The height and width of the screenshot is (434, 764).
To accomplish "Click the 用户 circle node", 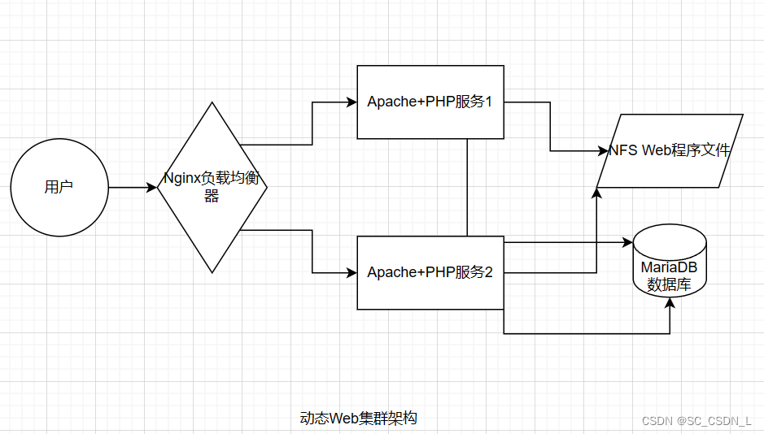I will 59,188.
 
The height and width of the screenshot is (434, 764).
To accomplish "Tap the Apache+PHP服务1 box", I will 430,102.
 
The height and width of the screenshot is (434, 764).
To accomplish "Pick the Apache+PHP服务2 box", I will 430,272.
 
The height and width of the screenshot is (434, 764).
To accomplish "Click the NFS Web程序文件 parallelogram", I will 670,150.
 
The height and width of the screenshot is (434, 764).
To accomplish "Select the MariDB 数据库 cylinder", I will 670,260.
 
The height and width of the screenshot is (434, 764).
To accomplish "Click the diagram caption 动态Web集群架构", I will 359,419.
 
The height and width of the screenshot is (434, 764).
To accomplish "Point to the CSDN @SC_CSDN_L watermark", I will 696,420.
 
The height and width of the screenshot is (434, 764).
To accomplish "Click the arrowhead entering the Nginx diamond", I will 152,188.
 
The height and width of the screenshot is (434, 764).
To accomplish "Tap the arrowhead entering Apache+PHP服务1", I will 351,102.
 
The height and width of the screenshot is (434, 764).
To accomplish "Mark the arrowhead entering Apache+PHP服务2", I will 351,272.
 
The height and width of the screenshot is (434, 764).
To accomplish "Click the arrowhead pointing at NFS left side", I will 603,150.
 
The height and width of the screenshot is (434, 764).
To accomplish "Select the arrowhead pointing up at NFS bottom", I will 596,193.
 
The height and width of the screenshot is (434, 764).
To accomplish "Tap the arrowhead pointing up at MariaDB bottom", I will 670,302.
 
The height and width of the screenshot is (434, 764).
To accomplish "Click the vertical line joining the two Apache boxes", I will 467,187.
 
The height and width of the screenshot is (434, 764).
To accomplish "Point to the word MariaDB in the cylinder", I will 669,267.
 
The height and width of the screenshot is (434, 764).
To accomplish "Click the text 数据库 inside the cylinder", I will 669,284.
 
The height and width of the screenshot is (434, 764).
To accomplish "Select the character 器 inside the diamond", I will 212,196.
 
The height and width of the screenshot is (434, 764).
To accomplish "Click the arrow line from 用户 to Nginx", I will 130,188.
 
